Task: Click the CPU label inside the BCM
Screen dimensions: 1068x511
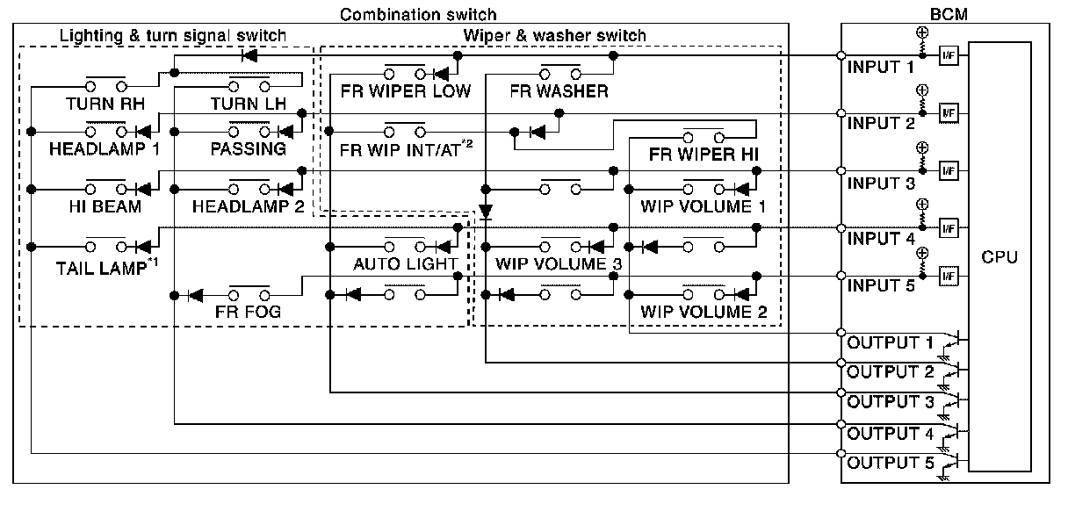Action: [999, 257]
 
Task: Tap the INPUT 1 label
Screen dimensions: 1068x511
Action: [881, 68]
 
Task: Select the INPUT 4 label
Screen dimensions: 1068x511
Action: [881, 238]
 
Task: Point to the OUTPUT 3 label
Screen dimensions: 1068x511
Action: [891, 402]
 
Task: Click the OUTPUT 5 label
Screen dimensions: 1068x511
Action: [891, 463]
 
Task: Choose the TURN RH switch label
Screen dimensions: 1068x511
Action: [105, 104]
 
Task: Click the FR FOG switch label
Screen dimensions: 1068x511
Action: [248, 312]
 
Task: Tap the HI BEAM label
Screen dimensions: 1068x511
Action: [105, 206]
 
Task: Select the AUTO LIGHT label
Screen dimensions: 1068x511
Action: [405, 263]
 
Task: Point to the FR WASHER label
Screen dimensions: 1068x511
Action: [559, 91]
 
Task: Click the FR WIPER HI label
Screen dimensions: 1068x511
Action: [704, 155]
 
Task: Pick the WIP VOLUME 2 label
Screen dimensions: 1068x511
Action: [704, 312]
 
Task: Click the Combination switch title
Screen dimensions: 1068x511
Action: [418, 15]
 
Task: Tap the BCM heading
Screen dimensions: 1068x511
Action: [949, 14]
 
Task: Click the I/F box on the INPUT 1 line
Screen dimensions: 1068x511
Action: [949, 56]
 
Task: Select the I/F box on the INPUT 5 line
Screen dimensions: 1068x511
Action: [949, 276]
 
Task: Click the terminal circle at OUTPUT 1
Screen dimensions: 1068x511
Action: [841, 332]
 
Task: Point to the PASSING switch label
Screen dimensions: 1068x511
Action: [248, 148]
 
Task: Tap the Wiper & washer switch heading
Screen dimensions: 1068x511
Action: [554, 35]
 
